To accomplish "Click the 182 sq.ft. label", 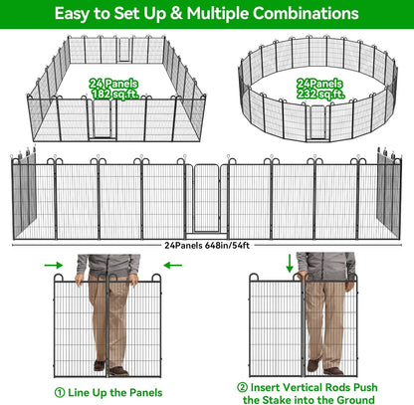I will pos(109,95).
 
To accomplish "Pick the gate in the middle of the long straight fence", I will pos(207,198).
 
